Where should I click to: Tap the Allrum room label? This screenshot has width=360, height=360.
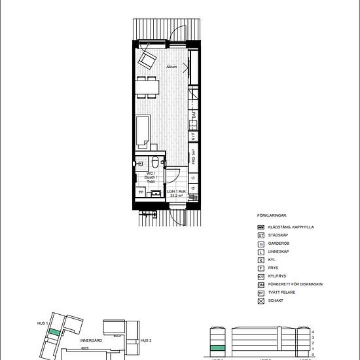(x=172, y=67)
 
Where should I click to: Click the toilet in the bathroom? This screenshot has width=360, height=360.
(x=155, y=163)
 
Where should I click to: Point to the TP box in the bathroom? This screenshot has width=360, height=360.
(x=140, y=192)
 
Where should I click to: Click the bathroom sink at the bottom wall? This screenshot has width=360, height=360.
(x=156, y=194)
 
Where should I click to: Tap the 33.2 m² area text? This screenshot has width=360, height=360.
(x=177, y=196)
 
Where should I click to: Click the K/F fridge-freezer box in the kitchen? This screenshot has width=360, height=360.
(x=194, y=137)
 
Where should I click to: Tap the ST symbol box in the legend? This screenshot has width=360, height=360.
(x=261, y=235)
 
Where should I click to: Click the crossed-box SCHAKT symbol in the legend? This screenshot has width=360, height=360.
(x=261, y=302)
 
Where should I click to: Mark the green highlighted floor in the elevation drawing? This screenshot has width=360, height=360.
(x=217, y=348)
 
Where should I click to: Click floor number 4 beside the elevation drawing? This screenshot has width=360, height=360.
(x=314, y=332)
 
